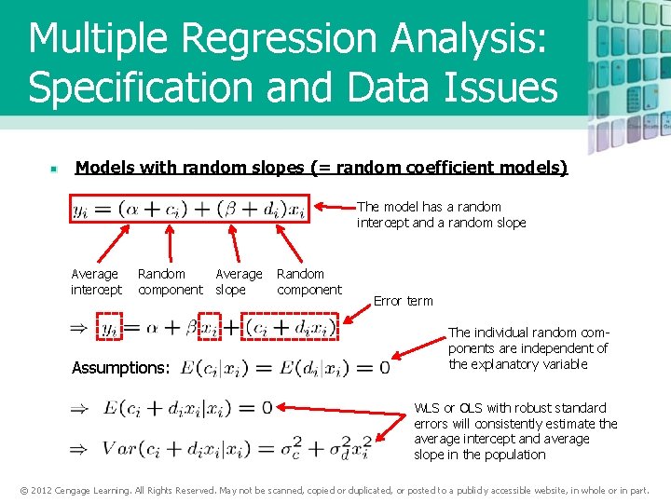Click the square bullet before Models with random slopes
55,170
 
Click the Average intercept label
96,281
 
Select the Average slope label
239,281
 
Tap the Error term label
403,301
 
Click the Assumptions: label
120,368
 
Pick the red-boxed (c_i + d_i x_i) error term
291,328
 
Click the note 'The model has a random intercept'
441,214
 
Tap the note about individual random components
527,348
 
